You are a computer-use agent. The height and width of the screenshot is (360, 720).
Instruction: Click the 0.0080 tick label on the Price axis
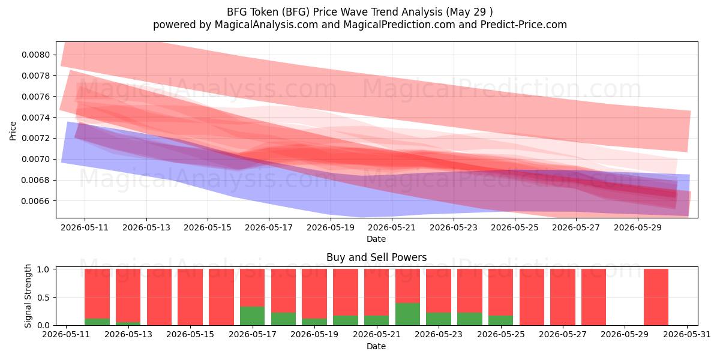pos(35,55)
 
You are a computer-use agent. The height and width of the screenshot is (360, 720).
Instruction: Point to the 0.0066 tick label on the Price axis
pos(35,201)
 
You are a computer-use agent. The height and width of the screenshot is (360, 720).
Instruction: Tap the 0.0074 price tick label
pos(35,118)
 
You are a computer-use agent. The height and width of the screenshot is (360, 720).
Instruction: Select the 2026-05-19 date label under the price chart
pos(331,227)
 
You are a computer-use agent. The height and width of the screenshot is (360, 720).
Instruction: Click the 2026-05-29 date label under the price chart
pos(638,227)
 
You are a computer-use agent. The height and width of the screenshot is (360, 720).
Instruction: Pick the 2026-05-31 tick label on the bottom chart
pos(687,335)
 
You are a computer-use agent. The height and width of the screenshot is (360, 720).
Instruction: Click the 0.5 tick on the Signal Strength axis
pos(43,298)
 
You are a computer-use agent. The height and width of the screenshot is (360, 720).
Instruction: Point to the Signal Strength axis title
pos(28,296)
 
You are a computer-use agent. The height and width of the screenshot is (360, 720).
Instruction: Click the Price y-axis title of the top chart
pos(13,131)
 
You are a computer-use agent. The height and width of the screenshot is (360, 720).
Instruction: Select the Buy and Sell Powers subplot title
pos(376,257)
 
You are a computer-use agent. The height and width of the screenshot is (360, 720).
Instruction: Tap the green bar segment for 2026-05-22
pos(407,314)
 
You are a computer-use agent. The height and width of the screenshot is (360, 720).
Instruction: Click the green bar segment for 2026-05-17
pos(253,316)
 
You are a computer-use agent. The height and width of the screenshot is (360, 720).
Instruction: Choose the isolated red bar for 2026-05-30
pos(656,297)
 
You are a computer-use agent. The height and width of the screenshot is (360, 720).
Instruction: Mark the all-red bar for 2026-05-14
pos(160,297)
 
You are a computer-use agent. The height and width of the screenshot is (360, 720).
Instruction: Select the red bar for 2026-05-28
pos(593,297)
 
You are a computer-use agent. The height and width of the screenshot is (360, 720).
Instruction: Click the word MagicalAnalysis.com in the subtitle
pos(266,25)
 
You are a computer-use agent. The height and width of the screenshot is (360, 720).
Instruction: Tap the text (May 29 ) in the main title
pos(469,12)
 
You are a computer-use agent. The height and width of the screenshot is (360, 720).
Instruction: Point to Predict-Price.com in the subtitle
pos(524,25)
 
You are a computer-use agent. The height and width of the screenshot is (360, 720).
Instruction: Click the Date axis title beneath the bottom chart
pos(376,346)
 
